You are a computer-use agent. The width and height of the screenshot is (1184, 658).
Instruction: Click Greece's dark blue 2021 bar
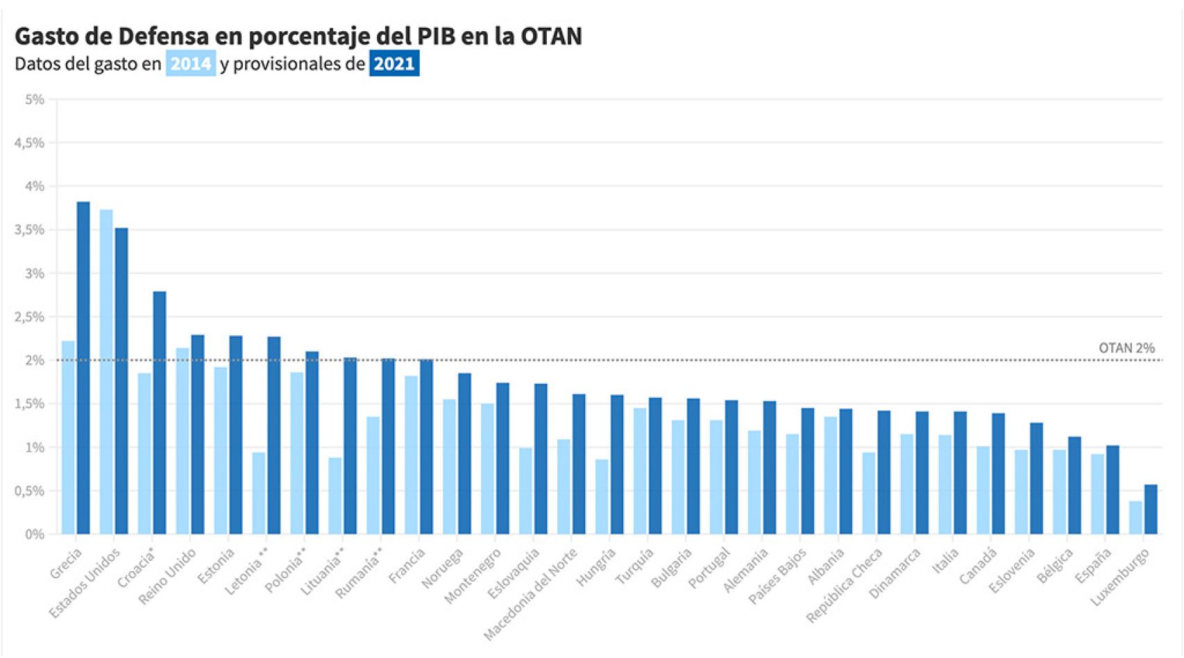(83, 368)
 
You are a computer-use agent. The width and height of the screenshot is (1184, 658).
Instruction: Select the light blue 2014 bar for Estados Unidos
(106, 371)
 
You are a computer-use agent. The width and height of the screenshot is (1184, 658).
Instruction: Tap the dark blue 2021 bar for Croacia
(160, 413)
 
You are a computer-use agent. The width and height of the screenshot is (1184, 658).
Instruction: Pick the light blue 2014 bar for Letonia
(259, 493)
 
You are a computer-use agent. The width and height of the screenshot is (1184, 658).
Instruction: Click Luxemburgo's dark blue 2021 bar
(1151, 509)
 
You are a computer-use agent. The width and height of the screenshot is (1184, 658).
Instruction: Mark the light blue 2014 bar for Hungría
(602, 496)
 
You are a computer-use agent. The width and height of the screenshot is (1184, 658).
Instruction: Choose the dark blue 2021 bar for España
(1113, 489)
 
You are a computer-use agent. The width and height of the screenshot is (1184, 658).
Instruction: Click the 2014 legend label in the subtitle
(191, 64)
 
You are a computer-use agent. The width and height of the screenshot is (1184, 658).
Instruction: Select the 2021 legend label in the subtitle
(394, 64)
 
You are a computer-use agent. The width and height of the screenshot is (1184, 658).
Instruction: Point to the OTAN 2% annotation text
(1126, 348)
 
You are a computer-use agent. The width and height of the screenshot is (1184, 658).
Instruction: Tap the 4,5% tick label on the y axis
(29, 143)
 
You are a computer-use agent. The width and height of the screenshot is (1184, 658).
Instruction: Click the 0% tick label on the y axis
(35, 534)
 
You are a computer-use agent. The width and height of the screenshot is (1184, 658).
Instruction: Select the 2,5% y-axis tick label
(29, 317)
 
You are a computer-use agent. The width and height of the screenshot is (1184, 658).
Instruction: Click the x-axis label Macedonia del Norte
(531, 594)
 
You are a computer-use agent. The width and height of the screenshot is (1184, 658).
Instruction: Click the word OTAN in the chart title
(551, 36)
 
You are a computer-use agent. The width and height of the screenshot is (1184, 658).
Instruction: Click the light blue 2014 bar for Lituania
(335, 496)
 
